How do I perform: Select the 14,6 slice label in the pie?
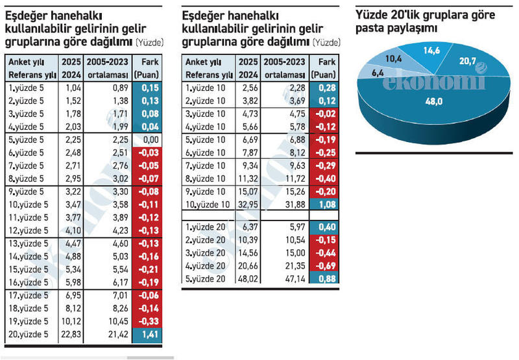point(433,49)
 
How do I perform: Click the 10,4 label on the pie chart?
point(394,59)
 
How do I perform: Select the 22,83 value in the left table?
point(69,334)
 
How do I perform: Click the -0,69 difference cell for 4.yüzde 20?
point(324,265)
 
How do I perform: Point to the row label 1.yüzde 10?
point(204,88)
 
